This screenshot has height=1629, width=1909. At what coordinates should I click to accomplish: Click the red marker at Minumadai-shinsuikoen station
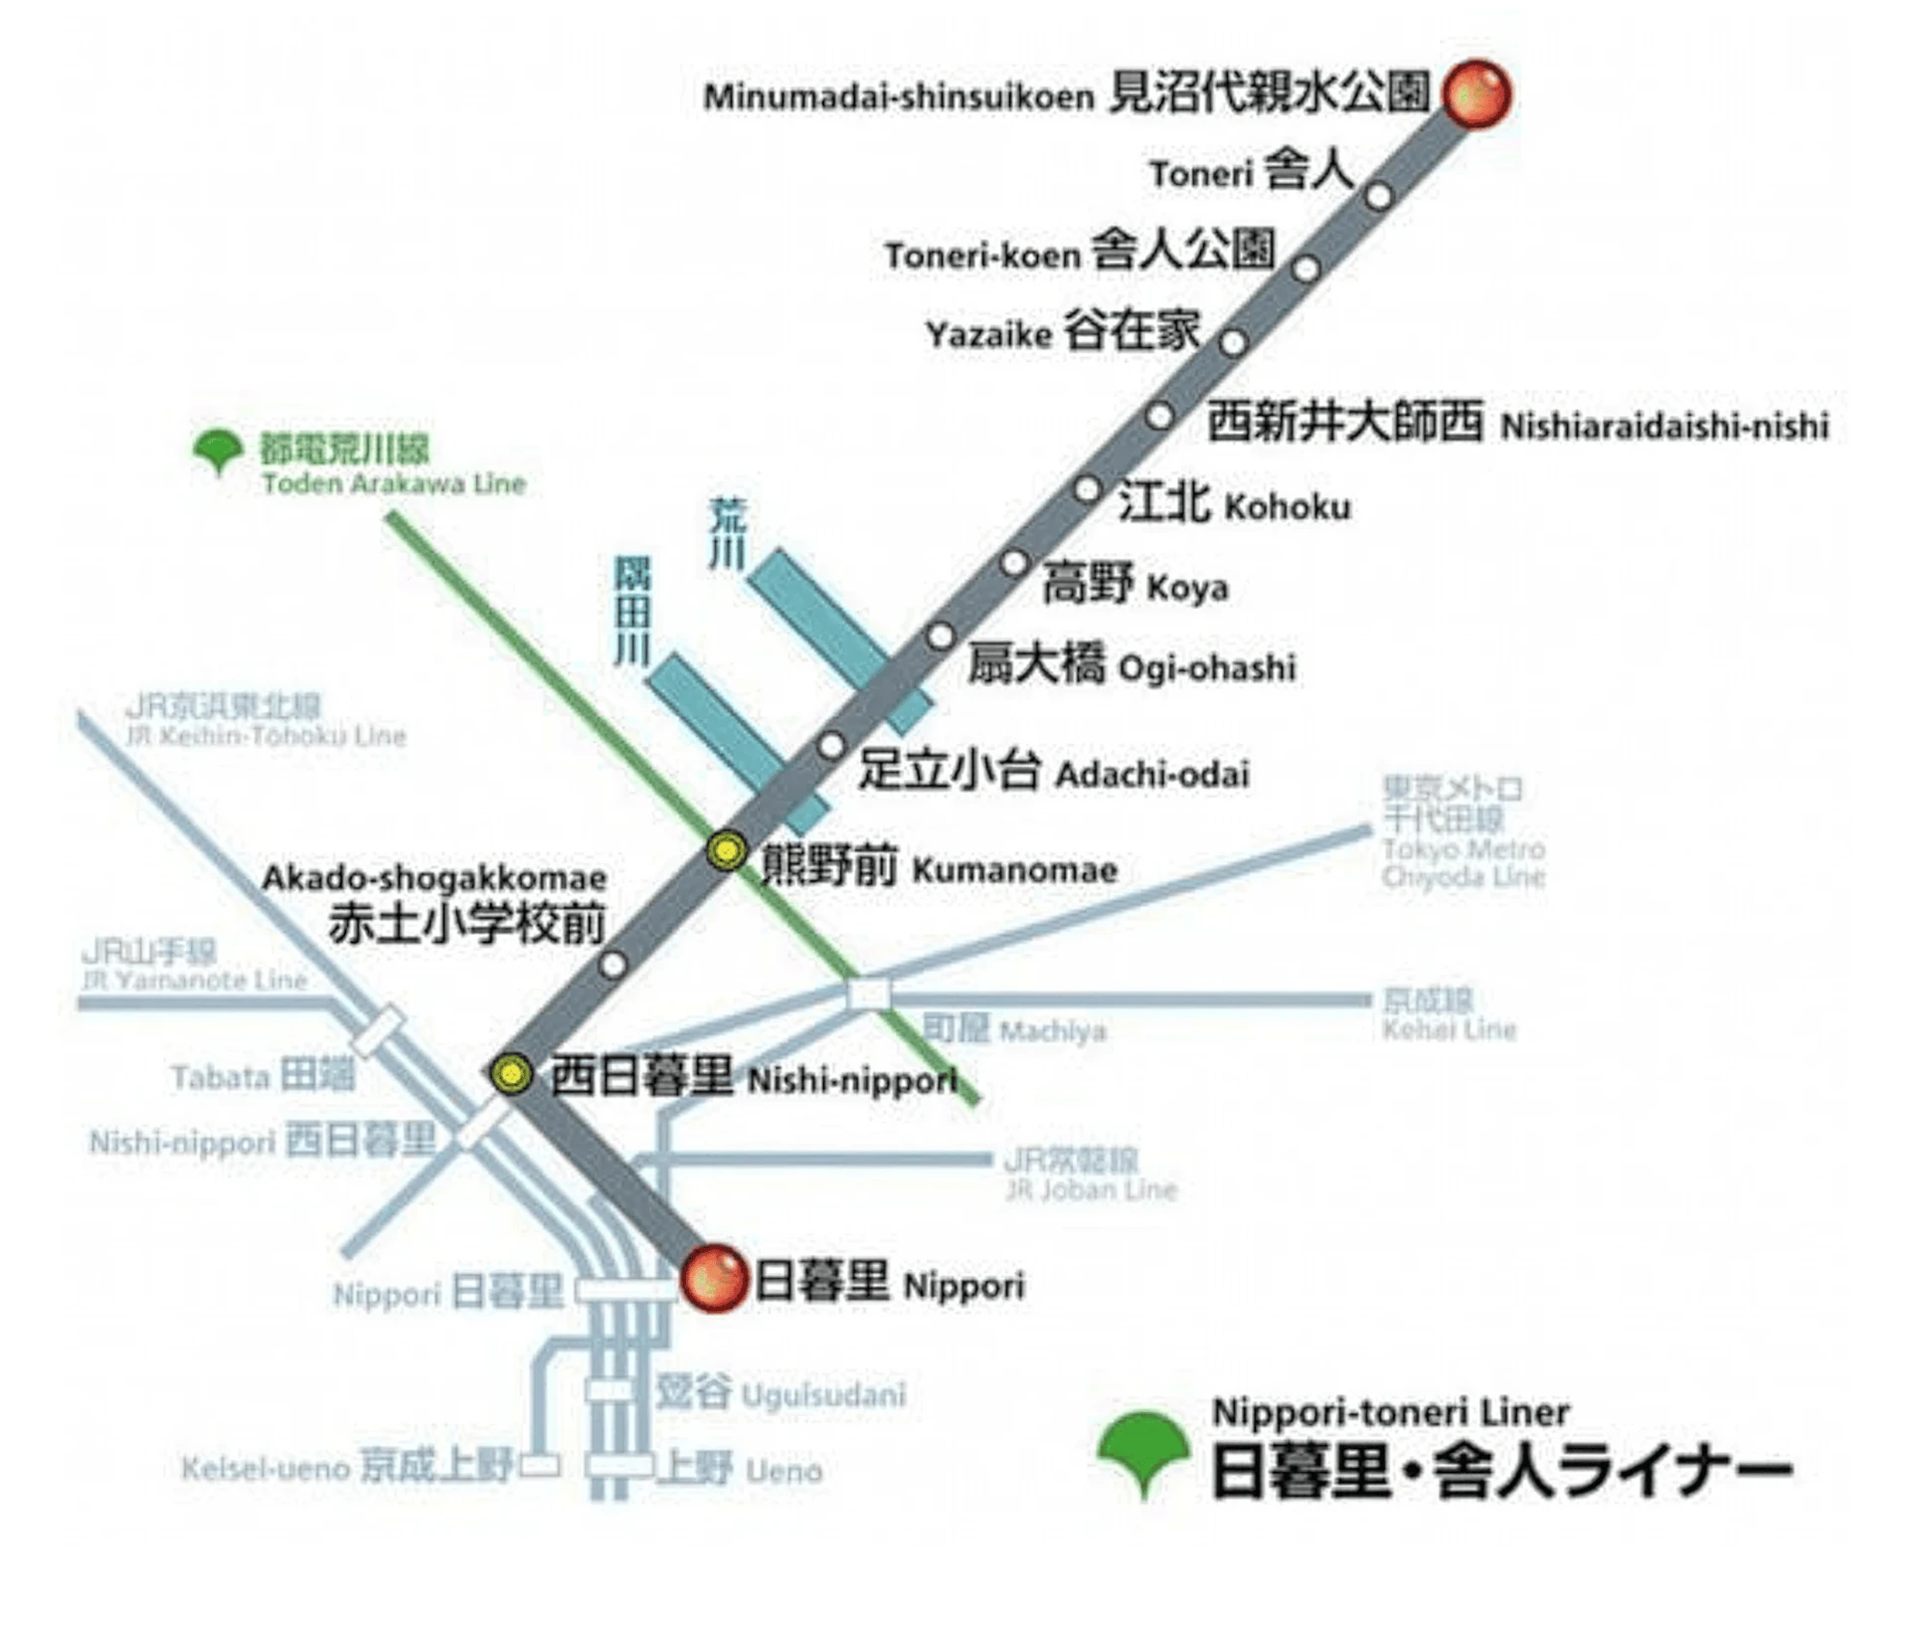tap(1476, 94)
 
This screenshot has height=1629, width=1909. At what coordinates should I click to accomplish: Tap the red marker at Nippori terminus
tap(714, 1279)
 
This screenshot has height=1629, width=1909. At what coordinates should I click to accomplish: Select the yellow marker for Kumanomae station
tap(727, 851)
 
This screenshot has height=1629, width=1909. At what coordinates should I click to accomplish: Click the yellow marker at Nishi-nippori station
tap(512, 1073)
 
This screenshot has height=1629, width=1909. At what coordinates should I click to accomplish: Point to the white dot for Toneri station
tap(1378, 196)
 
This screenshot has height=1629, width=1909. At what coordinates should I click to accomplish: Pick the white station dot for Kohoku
tap(1087, 489)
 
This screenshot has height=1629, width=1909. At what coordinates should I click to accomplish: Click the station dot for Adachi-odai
tap(831, 745)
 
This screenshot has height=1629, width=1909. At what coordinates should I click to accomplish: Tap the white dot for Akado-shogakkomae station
tap(613, 964)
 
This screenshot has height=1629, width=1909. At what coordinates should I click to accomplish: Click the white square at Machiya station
tap(868, 994)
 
